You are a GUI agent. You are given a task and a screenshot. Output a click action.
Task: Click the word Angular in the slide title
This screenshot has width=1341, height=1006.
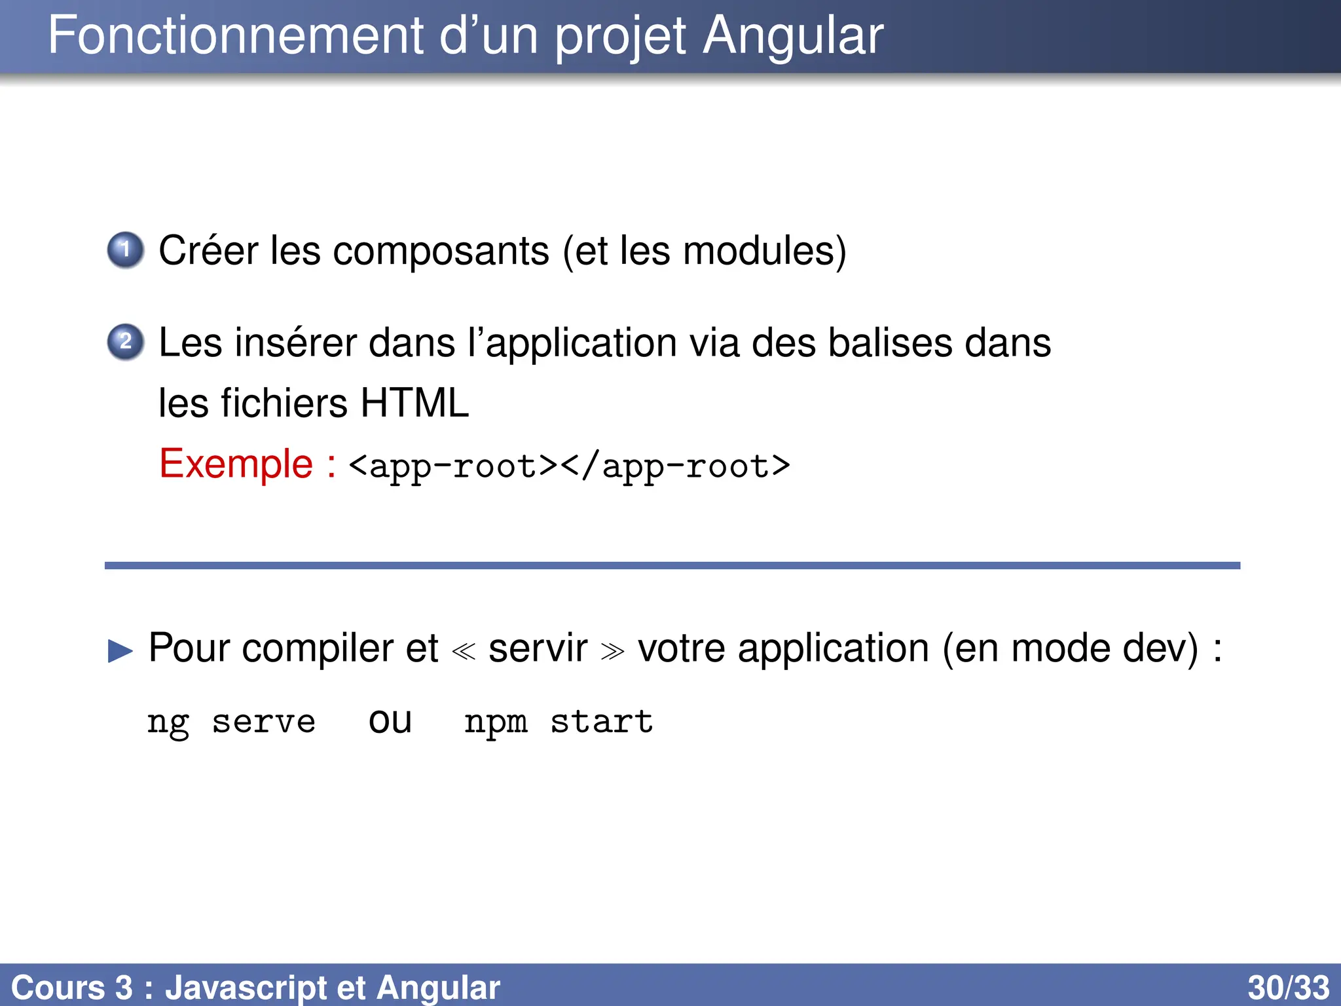pos(793,36)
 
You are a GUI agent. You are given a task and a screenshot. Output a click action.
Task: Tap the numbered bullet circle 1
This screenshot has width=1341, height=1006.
pos(125,250)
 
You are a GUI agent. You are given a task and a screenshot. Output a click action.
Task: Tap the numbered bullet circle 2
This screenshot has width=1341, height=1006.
pos(125,341)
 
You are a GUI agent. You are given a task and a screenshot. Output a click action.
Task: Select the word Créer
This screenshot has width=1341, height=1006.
pos(208,251)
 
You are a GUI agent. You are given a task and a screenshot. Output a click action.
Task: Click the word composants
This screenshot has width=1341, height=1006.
pos(441,252)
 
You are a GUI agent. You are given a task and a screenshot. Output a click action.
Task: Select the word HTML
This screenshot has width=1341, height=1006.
pos(414,403)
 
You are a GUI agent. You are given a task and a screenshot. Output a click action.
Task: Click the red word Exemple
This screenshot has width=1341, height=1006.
pos(236,464)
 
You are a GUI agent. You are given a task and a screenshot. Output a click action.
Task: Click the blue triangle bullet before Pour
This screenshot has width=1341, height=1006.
pos(120,651)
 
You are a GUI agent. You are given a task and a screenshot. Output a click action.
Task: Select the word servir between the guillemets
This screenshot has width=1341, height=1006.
pos(538,648)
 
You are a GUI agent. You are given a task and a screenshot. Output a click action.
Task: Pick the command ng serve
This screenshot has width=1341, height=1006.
pos(231,722)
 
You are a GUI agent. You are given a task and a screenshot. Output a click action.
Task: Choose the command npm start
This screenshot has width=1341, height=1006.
pos(559,722)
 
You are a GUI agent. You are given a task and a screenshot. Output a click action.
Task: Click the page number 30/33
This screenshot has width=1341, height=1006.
pos(1288,988)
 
